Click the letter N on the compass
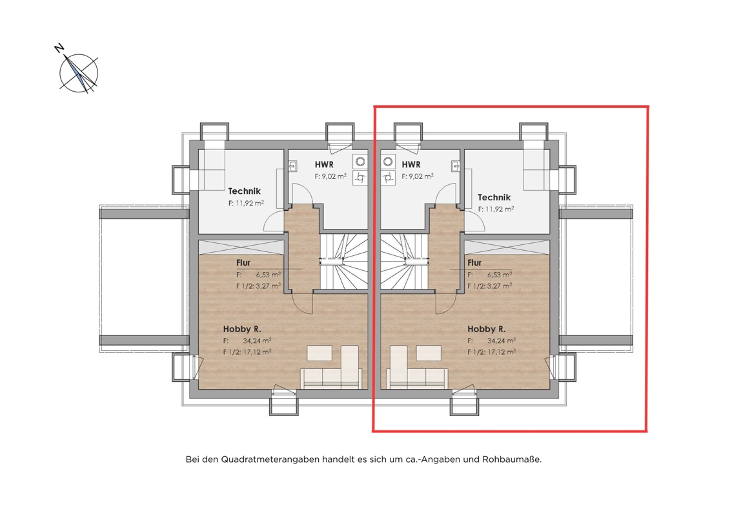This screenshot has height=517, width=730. point(59,48)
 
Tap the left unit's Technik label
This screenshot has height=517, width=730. point(245,191)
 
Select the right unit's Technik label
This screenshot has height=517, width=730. point(494,197)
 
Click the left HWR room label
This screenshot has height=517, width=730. point(324,165)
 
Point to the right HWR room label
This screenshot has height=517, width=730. point(411,165)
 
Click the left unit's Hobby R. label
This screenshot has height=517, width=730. point(242,329)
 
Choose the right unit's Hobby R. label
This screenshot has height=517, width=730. point(487,329)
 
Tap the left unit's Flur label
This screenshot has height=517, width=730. point(243,263)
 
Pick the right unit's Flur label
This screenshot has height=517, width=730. point(474,263)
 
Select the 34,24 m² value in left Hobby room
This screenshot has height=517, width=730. point(257,341)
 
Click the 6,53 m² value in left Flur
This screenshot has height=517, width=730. point(268,275)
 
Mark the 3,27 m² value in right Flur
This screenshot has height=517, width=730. point(500,286)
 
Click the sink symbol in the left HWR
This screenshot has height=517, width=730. point(293,166)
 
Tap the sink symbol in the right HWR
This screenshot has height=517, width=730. point(456,166)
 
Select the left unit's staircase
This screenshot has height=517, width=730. point(343,261)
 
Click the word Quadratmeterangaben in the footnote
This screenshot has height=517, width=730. point(270,459)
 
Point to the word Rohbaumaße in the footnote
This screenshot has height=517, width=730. point(512,459)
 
